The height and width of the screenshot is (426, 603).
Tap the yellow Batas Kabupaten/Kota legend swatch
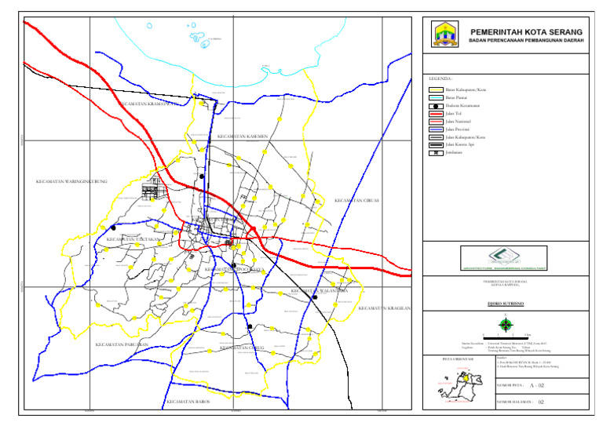coord(434,91)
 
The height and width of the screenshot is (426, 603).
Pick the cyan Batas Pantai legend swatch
coord(434,98)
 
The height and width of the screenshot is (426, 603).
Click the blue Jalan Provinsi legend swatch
coord(434,129)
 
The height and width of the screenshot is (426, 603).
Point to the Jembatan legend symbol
coord(434,152)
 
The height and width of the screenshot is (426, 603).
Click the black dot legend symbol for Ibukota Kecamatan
coord(434,106)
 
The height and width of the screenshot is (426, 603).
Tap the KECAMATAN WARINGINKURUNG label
coord(71,181)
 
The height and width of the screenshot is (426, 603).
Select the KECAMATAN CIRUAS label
coord(356,200)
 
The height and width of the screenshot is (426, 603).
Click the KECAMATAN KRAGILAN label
coord(385,308)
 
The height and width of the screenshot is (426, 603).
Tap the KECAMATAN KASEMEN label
coord(243,136)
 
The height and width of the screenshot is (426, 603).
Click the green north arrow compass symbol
coord(506,325)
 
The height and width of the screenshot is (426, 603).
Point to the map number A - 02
coord(537,386)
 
